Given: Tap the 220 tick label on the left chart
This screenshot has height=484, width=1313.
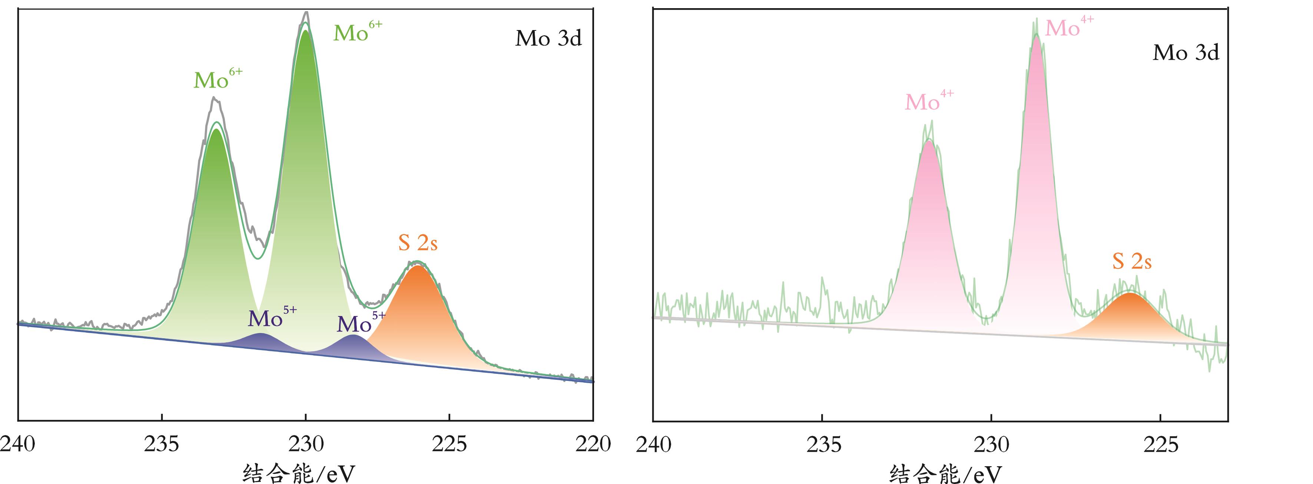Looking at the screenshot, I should (x=593, y=444).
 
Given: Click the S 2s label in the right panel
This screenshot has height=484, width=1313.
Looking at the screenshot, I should (x=1131, y=261).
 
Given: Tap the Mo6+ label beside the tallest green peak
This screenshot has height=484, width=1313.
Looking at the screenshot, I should (x=357, y=32).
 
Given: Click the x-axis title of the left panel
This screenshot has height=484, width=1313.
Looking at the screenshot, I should (x=299, y=473).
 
